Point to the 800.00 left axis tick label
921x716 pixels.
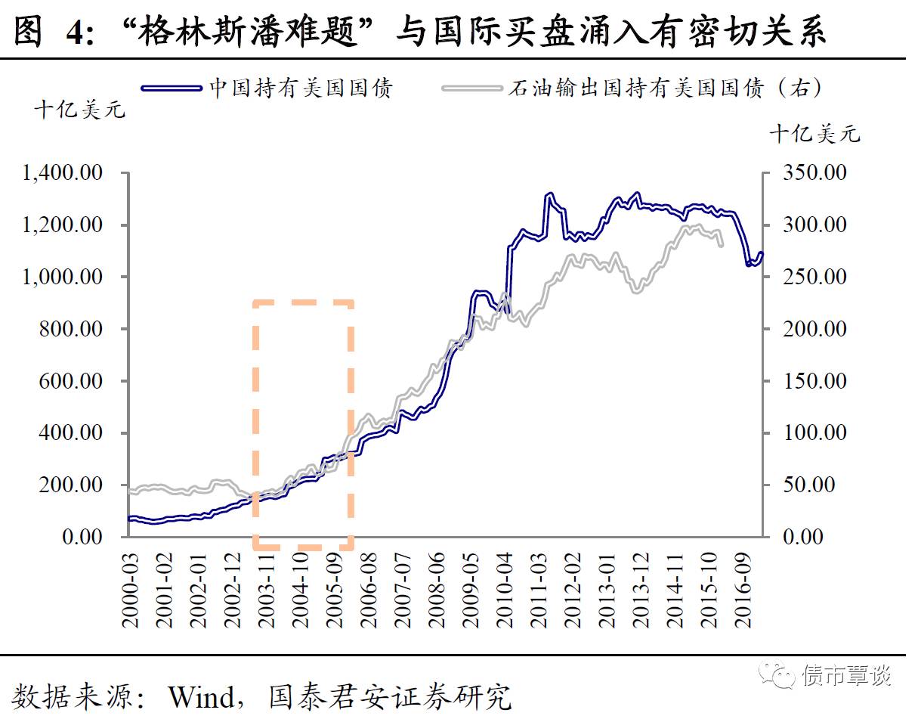tap(70, 329)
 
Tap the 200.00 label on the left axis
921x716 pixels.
tap(70, 485)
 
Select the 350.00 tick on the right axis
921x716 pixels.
tap(813, 173)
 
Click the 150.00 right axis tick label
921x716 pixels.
tap(813, 381)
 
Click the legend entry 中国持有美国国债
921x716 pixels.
tap(301, 88)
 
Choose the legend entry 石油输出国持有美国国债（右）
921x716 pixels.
tap(666, 88)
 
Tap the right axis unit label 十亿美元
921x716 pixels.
tap(814, 135)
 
